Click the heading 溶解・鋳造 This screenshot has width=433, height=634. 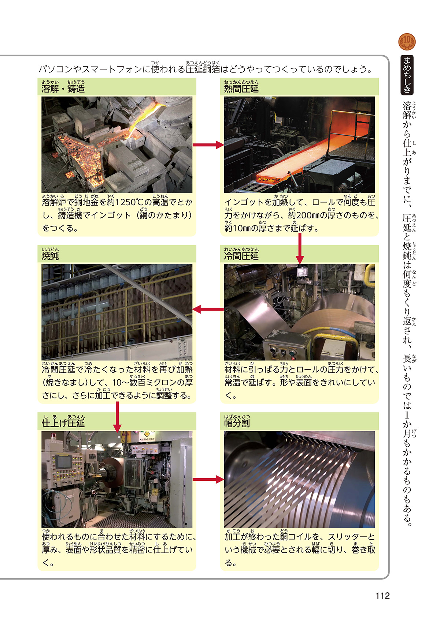(63, 89)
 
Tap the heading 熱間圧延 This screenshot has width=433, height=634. (241, 89)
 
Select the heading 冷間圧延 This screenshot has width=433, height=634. (241, 256)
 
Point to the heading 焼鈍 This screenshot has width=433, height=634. (50, 256)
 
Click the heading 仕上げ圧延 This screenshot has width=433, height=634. (63, 423)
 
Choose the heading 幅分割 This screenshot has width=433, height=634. (237, 423)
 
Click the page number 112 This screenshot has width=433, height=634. (382, 596)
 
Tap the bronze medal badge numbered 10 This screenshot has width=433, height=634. (407, 42)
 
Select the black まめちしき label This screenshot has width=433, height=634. (407, 75)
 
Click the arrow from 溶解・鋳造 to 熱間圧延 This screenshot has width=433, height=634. (208, 145)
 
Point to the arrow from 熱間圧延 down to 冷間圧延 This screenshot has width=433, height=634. (300, 249)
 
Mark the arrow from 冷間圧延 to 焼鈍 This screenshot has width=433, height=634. (208, 310)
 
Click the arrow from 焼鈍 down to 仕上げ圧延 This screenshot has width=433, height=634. (117, 417)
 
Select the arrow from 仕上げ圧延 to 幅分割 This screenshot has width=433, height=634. (208, 479)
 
